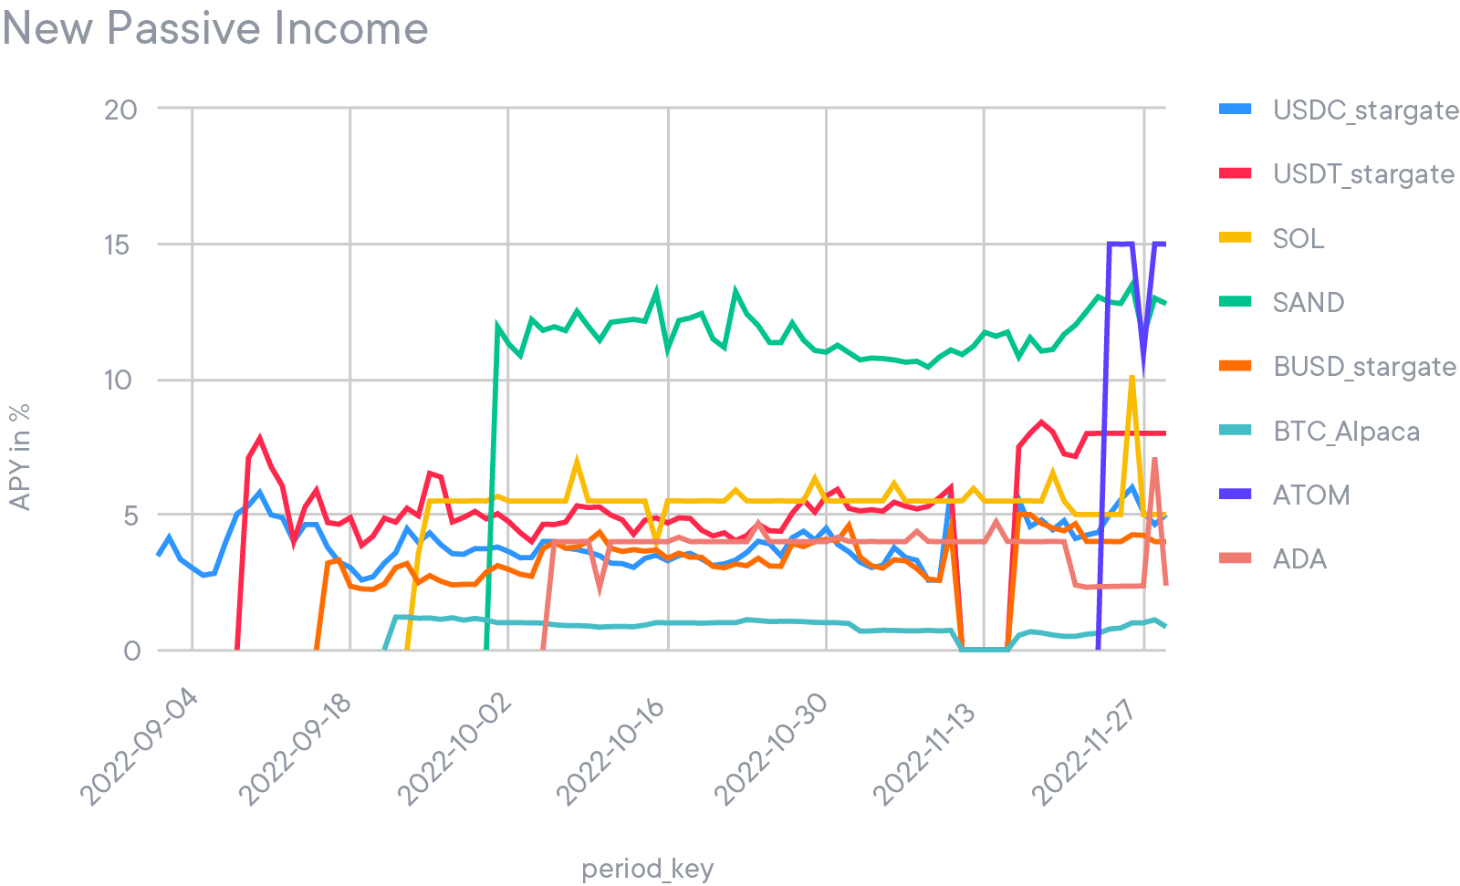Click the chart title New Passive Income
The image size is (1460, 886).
click(x=215, y=28)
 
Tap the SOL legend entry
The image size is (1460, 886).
click(x=1298, y=238)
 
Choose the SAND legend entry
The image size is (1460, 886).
click(x=1308, y=302)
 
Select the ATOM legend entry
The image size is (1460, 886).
click(x=1310, y=495)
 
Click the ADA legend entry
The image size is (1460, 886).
click(x=1299, y=558)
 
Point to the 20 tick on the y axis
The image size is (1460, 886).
click(x=120, y=109)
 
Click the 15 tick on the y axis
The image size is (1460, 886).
click(x=120, y=245)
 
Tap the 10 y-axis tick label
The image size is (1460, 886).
click(x=120, y=380)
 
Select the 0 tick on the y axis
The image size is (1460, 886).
click(x=131, y=651)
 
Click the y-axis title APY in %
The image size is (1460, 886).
click(x=19, y=456)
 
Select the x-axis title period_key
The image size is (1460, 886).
click(x=647, y=869)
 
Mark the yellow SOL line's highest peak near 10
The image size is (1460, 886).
click(x=1132, y=377)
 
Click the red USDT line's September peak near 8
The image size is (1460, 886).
click(x=260, y=438)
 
